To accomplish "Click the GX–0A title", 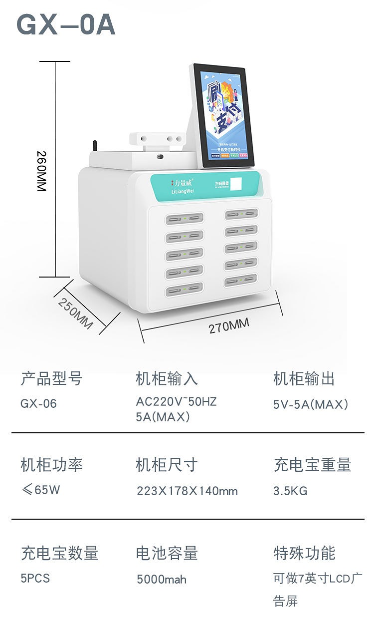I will tap(66, 25).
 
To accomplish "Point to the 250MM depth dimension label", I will tap(75, 313).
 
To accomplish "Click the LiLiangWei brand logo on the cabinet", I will tap(183, 186).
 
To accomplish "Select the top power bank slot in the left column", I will tap(184, 219).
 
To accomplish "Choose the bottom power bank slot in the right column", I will tap(240, 281).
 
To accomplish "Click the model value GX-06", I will tap(39, 403).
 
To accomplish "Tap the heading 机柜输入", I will tap(167, 379).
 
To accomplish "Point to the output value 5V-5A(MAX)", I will tap(310, 404).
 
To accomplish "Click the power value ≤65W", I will tap(40, 490).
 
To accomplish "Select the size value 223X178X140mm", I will tap(187, 491).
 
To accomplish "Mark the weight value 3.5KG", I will tap(290, 491).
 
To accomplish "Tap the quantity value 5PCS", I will tap(35, 578).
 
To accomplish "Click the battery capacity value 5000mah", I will tap(162, 579).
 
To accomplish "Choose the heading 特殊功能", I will tap(304, 553).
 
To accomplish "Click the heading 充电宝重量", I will tap(312, 465).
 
